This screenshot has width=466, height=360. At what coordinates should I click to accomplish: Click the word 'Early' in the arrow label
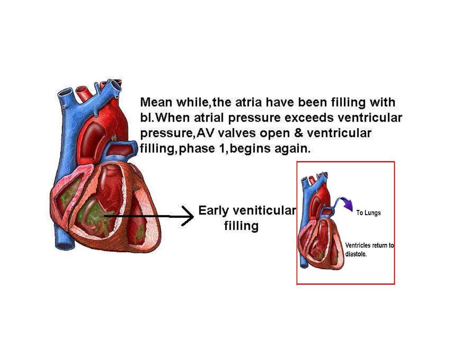(213, 211)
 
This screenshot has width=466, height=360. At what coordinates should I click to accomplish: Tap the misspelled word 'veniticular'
(264, 211)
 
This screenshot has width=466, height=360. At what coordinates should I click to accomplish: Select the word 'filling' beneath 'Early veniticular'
(241, 226)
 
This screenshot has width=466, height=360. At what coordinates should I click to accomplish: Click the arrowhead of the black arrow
(188, 216)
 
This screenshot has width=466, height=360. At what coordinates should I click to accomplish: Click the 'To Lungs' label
(368, 213)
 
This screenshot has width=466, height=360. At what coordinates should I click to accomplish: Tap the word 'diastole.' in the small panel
(356, 254)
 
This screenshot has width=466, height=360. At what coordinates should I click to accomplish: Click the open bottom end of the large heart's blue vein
(65, 246)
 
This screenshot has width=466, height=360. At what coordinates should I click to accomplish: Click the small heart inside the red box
(320, 231)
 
